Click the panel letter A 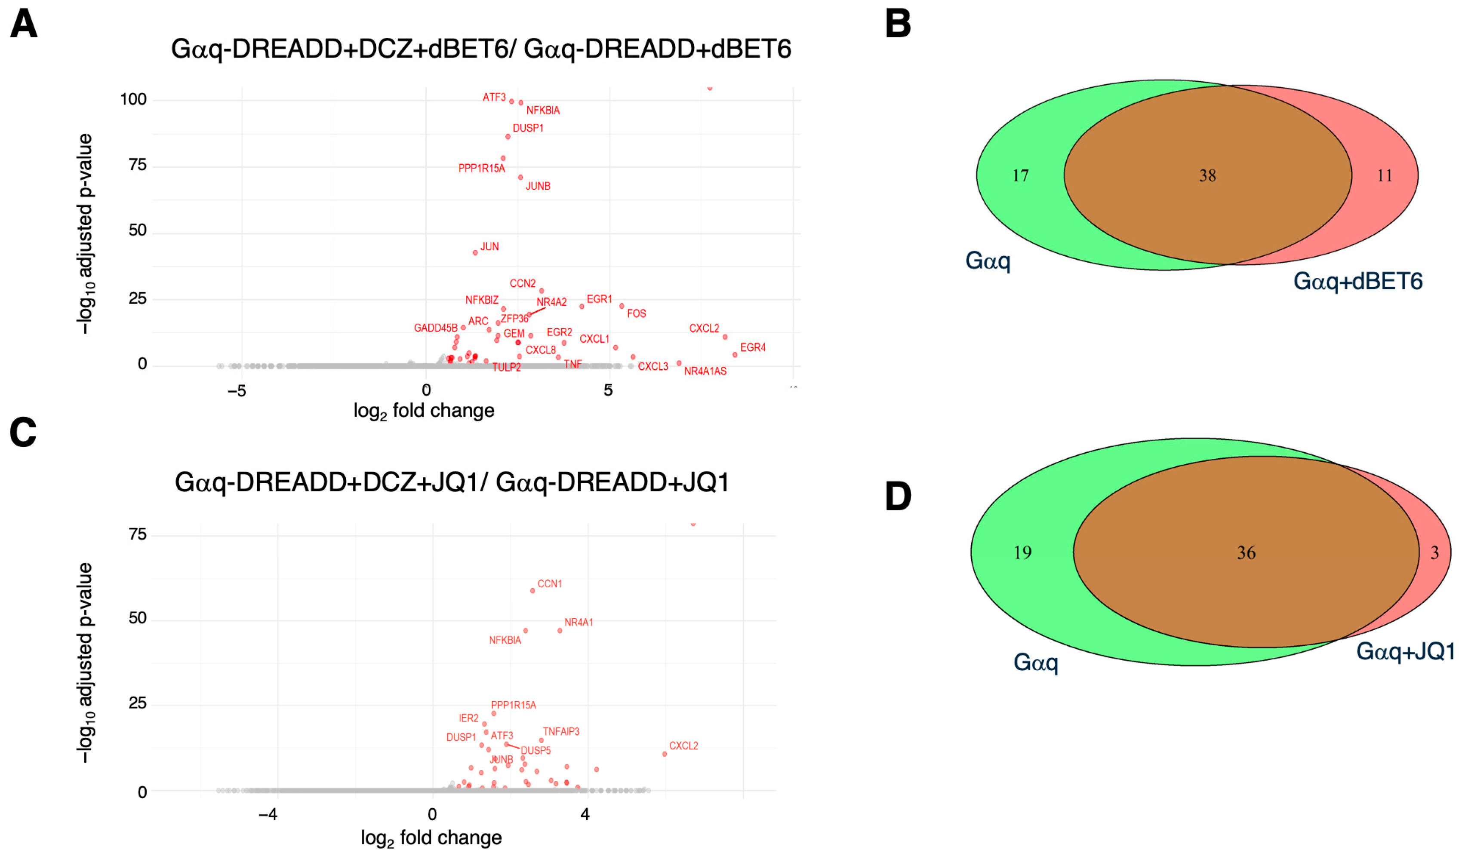tap(24, 25)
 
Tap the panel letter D tap(898, 497)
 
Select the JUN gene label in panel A tap(489, 246)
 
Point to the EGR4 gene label tap(752, 347)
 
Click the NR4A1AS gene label tap(705, 371)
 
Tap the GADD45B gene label tap(435, 328)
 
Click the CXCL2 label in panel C tap(683, 746)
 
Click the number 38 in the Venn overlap tap(1207, 176)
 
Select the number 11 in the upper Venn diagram tap(1384, 176)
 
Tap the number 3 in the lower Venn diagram tap(1434, 553)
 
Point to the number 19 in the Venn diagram tap(1022, 553)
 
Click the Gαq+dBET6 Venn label tap(1357, 282)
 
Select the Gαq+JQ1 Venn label tap(1404, 652)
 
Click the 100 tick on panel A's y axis tap(133, 100)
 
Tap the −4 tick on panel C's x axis tap(268, 815)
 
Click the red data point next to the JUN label tap(475, 253)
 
